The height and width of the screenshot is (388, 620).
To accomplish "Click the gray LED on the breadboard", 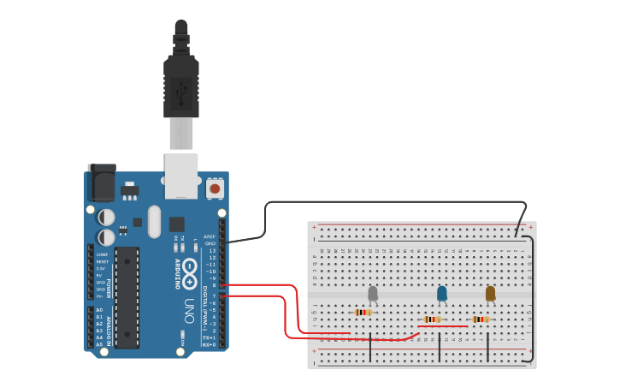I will pos(373,294).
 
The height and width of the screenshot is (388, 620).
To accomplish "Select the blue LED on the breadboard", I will pos(441,294).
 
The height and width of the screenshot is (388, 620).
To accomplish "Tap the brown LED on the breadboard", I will pos(490,294).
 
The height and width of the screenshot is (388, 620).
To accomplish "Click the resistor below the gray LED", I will pos(364,313).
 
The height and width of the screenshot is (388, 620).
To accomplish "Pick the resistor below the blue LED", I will pos(433,319).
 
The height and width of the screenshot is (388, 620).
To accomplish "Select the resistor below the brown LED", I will pos(481,319).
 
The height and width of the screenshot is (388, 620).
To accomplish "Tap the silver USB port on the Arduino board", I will pos(181,176).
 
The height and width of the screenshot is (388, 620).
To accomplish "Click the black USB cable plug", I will pos(181,86).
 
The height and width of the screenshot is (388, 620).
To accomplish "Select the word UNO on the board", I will pos(190,314).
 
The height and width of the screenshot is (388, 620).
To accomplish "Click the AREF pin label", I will pos(210,236).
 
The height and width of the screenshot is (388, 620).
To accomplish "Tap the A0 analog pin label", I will pos(99,310).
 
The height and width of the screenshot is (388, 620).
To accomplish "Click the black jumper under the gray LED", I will pos(370,347).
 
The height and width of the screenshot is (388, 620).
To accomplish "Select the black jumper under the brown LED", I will pos(487,347).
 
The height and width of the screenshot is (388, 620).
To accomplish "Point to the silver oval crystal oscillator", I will pos(154,221).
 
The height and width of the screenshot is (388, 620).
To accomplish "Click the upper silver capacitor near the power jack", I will pos(106,218).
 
